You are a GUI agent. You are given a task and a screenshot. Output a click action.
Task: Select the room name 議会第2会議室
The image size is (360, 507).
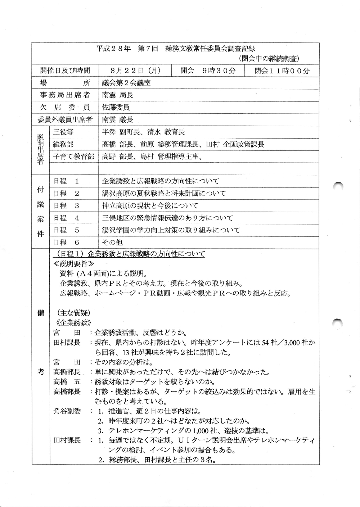pyautogui.click(x=126, y=83)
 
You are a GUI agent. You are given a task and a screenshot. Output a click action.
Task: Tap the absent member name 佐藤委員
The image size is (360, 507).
pyautogui.click(x=116, y=107)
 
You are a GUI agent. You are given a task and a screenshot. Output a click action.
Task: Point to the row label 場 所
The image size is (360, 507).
pyautogui.click(x=65, y=83)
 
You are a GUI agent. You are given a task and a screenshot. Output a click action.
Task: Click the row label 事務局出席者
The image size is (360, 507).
pyautogui.click(x=65, y=95)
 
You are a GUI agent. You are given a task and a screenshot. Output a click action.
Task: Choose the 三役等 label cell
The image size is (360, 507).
pyautogui.click(x=63, y=132)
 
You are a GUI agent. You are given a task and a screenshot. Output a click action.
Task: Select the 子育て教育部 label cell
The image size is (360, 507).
pyautogui.click(x=73, y=157)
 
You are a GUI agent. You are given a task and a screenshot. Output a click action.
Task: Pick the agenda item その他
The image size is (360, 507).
pyautogui.click(x=112, y=243)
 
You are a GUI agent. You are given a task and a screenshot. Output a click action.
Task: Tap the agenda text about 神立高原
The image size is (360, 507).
pyautogui.click(x=150, y=206)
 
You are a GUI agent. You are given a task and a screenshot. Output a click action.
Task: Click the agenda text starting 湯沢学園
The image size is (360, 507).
pyautogui.click(x=171, y=230)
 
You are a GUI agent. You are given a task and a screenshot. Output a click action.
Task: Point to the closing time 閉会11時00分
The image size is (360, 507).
pyautogui.click(x=282, y=71)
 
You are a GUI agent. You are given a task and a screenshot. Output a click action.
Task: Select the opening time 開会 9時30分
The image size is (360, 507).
pyautogui.click(x=208, y=71)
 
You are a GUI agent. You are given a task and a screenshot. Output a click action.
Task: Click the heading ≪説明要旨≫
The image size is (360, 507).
pyautogui.click(x=74, y=264)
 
